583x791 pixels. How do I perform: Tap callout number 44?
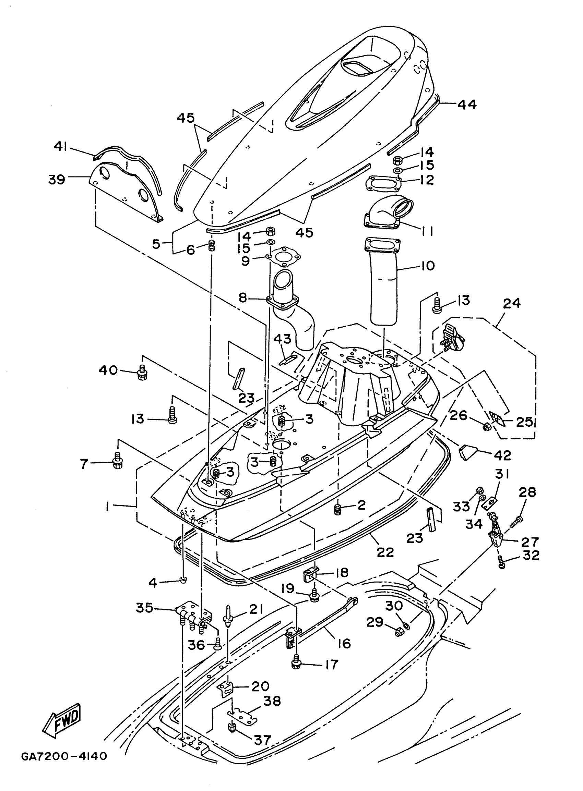click(x=467, y=105)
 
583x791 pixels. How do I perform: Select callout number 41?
click(x=61, y=146)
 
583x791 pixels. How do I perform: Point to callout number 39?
click(x=57, y=180)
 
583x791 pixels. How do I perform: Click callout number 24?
click(x=512, y=303)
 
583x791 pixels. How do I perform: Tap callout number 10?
click(x=428, y=266)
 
